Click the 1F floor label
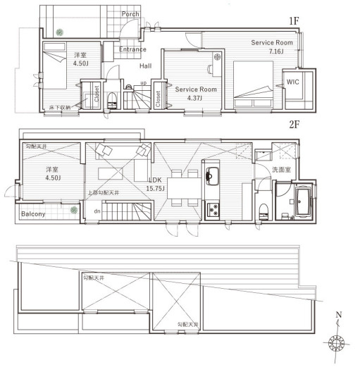(294, 21)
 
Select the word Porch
(130, 13)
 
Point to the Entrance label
(132, 49)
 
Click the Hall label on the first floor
(145, 66)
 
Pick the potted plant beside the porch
(60, 31)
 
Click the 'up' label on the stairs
(144, 83)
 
